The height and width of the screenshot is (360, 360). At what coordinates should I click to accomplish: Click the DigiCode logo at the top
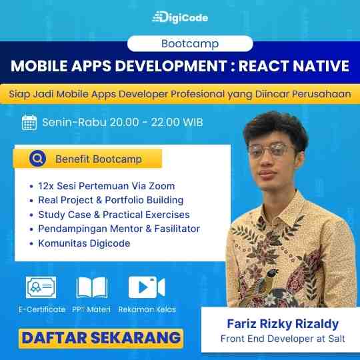tap(180, 17)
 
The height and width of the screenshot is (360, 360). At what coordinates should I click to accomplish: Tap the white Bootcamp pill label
tap(190, 43)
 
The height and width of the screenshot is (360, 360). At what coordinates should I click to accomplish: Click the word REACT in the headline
tap(264, 66)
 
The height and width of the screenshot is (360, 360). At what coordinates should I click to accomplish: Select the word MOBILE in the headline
tap(39, 66)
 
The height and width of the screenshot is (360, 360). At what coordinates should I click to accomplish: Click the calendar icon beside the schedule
tap(29, 122)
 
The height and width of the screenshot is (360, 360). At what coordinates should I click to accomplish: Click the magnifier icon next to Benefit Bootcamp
tap(37, 159)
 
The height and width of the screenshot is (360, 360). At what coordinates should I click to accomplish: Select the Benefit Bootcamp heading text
tap(99, 159)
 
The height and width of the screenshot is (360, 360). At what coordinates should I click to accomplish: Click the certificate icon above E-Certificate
tap(41, 287)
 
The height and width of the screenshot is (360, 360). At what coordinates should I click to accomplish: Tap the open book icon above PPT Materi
tap(92, 287)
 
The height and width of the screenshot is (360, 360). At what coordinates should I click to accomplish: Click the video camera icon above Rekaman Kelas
tap(147, 287)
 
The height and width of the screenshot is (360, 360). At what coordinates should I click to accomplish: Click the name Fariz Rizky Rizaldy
tap(283, 324)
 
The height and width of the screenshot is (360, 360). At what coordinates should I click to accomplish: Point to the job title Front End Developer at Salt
tap(283, 339)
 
